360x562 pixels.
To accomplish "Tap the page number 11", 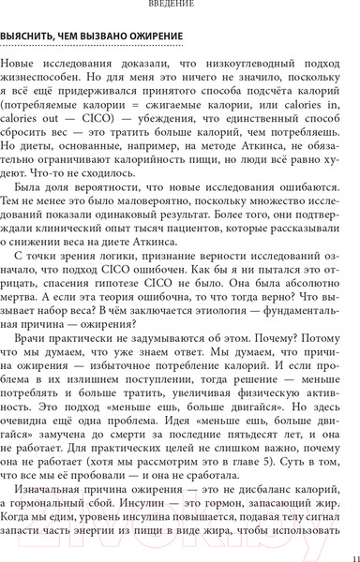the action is pos(347,552).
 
